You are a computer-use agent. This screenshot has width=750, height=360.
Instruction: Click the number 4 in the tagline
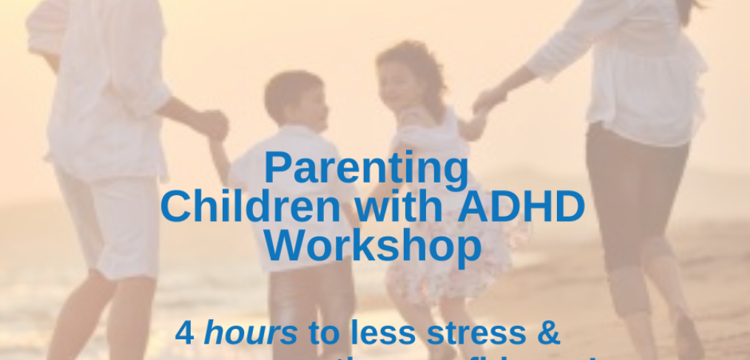pyautogui.click(x=185, y=334)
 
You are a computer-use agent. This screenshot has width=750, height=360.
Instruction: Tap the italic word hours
pyautogui.click(x=250, y=334)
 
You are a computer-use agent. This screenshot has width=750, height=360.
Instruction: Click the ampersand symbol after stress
pyautogui.click(x=548, y=334)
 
